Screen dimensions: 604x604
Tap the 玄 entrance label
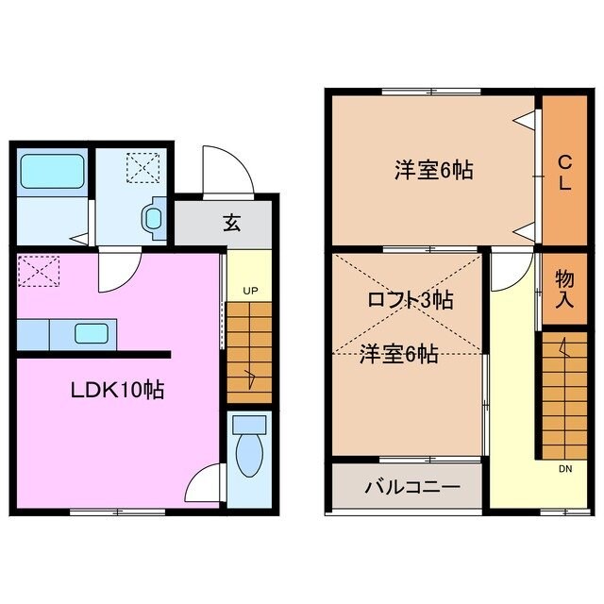point(230,223)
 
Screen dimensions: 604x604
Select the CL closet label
point(563,172)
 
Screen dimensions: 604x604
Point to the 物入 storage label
point(563,289)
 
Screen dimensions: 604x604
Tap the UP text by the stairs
point(249,291)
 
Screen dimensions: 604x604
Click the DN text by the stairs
point(563,467)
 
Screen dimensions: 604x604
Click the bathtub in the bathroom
point(53,172)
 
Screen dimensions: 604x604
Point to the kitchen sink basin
point(92,333)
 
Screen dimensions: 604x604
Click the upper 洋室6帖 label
point(433,171)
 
